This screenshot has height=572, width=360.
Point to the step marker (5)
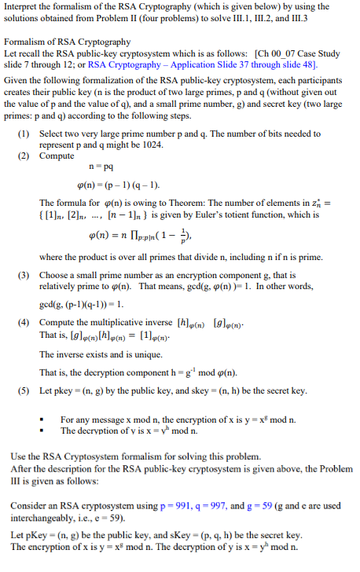[24, 390]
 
